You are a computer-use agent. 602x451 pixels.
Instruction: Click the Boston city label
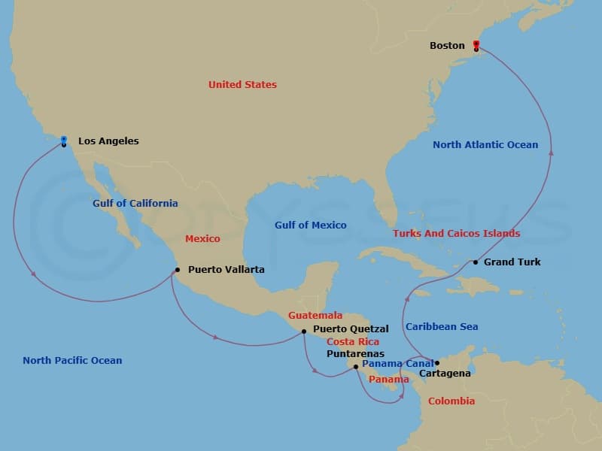447,46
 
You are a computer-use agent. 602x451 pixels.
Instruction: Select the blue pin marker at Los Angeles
64,140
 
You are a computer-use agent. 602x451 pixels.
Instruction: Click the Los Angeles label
108,141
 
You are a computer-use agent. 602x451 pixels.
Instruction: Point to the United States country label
242,84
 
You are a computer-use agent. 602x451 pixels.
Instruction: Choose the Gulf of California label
135,203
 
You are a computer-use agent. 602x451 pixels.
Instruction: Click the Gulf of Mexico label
311,225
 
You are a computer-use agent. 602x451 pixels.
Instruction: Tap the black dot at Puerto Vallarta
177,269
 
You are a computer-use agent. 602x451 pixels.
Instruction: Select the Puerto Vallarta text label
226,269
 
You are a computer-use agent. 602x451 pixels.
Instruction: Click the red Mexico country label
202,238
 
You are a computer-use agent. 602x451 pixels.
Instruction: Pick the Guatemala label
315,316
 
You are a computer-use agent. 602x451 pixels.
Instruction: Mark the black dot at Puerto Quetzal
303,331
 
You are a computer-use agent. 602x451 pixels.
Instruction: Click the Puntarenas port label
355,353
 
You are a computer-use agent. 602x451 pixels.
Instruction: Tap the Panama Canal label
398,364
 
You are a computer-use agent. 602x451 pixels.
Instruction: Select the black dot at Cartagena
436,363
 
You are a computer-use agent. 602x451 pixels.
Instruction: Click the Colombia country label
451,401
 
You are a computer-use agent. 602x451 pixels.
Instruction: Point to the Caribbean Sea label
442,326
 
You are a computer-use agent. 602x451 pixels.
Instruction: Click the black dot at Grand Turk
476,262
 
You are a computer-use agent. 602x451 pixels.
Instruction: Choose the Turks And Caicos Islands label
456,234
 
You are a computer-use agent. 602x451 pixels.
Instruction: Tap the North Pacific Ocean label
72,360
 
